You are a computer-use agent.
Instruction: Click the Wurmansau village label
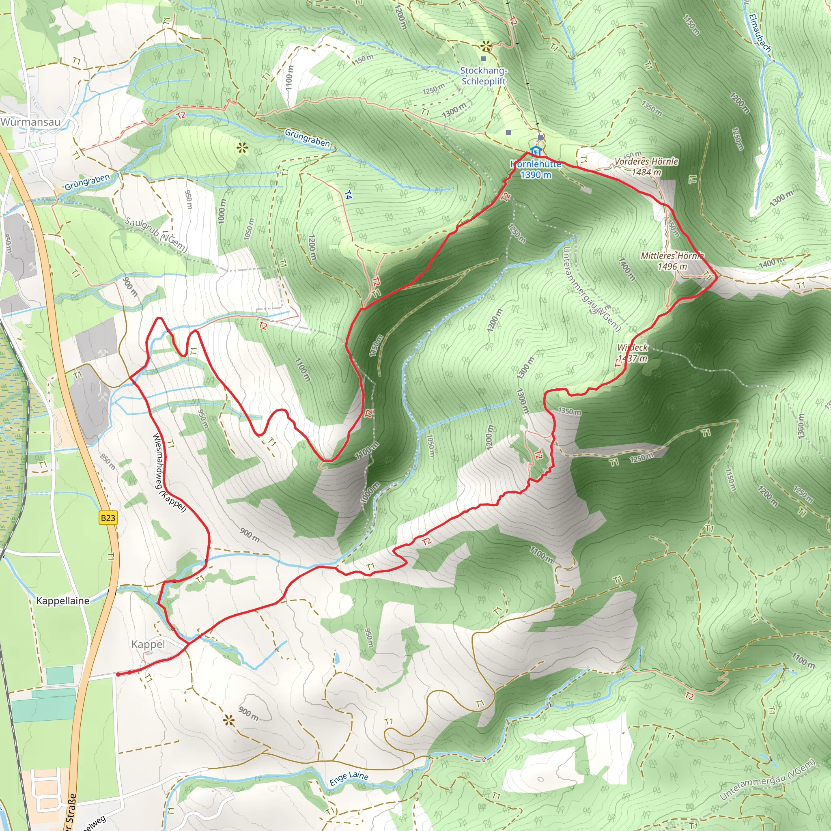coord(30,122)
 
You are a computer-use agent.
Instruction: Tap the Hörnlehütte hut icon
coord(535,151)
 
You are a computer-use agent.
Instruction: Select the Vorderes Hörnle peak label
coord(646,162)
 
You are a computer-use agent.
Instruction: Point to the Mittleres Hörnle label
coord(672,256)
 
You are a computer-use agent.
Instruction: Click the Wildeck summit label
coord(632,348)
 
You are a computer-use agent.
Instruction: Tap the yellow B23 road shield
coord(108,518)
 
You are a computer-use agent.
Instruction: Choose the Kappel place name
coord(148,644)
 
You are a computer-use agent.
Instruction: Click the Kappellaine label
coord(63,601)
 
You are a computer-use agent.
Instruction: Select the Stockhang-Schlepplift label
coord(483,76)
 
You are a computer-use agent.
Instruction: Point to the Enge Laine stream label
coord(349,778)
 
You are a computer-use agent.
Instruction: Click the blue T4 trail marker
coord(348,195)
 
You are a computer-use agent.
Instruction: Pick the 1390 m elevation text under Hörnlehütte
coord(536,174)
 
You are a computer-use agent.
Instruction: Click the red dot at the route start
coord(118,674)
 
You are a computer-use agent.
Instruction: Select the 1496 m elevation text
coord(672,267)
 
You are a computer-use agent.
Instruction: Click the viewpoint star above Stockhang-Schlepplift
coord(486,45)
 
